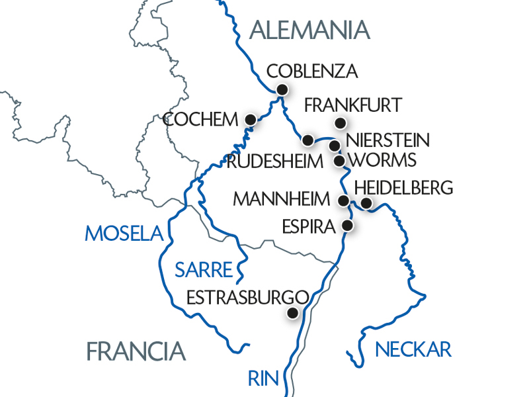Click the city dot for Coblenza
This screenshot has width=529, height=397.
click(282, 89)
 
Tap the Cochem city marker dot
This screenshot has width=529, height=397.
click(251, 119)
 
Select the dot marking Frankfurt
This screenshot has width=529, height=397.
click(340, 122)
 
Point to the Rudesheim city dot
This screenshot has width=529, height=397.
click(307, 140)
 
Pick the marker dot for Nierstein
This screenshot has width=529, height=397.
click(335, 146)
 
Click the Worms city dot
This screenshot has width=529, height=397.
click(339, 160)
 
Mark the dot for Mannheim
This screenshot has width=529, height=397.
click(344, 200)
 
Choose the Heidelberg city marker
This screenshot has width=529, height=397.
click(366, 202)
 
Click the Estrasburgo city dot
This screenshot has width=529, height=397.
click(292, 314)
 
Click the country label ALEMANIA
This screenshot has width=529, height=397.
click(308, 30)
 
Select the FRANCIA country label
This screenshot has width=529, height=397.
click(135, 351)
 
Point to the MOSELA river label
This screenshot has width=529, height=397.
click(124, 233)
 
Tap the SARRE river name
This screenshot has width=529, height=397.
click(204, 269)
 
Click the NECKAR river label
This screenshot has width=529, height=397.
click(413, 349)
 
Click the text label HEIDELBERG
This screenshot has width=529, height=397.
click(404, 187)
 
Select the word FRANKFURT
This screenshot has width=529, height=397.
click(353, 105)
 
